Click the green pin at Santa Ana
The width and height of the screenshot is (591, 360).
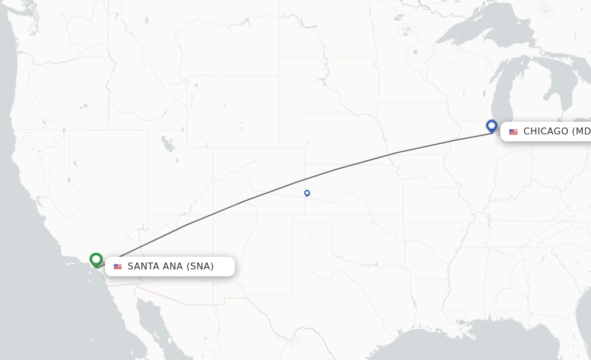coord(96,260)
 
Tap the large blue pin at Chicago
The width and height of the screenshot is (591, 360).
coord(492,126)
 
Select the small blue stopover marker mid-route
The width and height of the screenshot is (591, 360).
coord(307,193)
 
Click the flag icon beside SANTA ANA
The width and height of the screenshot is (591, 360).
coord(118,267)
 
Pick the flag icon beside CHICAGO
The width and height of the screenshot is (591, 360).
coord(513,132)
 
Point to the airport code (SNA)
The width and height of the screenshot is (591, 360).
coord(200,267)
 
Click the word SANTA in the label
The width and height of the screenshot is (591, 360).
coord(144,267)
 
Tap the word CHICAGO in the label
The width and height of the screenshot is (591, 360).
coord(545,132)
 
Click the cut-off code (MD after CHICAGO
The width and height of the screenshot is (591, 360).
coord(581,132)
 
